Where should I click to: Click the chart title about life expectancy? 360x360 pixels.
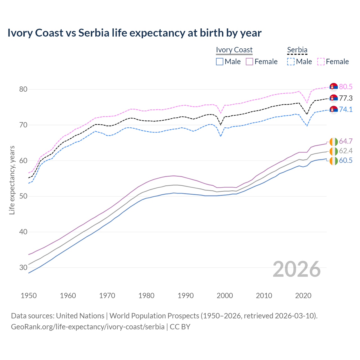click(134, 33)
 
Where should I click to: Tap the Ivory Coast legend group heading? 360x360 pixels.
click(234, 50)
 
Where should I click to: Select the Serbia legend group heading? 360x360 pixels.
click(297, 50)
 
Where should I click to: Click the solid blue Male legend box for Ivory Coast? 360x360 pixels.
click(220, 62)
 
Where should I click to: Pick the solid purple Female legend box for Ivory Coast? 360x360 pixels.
click(249, 62)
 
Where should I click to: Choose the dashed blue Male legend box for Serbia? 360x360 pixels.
click(291, 62)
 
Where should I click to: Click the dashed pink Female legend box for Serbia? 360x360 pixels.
click(321, 62)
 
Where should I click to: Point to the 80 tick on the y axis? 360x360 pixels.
click(23, 89)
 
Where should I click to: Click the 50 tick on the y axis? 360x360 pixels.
click(23, 196)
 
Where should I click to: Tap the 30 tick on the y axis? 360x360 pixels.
click(23, 267)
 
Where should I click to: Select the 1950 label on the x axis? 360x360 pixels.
click(29, 296)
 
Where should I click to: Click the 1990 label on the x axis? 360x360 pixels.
click(186, 296)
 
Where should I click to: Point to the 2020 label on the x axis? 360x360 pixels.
click(303, 296)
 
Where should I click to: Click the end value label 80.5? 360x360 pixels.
click(346, 87)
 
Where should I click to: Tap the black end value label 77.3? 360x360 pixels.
click(346, 98)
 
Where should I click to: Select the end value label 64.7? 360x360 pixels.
click(346, 141)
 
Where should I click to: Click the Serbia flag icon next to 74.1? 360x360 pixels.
click(334, 110)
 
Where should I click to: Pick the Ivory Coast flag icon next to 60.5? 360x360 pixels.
click(334, 161)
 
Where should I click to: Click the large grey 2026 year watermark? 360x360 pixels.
click(297, 269)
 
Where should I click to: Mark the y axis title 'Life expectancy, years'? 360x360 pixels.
click(12, 180)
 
